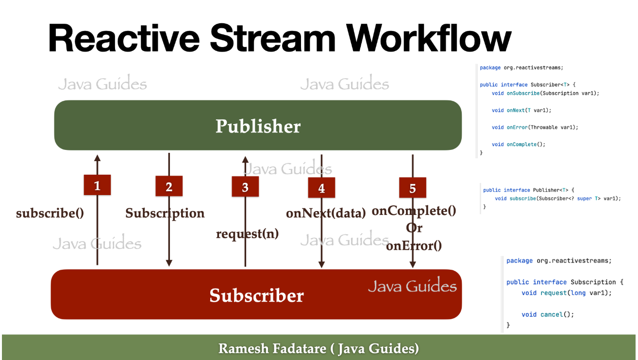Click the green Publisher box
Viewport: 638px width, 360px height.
(x=258, y=126)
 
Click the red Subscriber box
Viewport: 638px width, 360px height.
(x=256, y=295)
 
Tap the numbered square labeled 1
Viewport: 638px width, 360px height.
(x=97, y=185)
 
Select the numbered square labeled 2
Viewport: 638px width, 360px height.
(x=169, y=186)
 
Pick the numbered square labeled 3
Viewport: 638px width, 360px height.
(x=245, y=187)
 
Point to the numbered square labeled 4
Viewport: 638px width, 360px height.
(x=321, y=188)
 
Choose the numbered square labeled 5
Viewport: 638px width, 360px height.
(x=412, y=188)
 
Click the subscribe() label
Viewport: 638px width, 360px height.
(x=50, y=213)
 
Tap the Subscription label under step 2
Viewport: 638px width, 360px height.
(x=165, y=213)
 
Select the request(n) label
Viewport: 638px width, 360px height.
(x=247, y=233)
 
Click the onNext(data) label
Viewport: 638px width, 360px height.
(x=325, y=213)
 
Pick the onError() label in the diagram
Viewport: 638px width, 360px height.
(x=414, y=245)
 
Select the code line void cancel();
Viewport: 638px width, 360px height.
(x=548, y=314)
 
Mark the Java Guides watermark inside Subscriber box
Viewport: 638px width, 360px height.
(x=412, y=286)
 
